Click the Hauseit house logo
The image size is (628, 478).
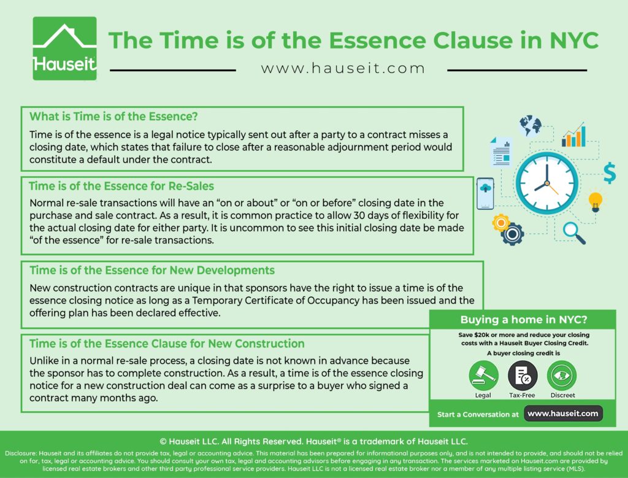pos(64,48)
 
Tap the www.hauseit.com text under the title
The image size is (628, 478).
pos(342,69)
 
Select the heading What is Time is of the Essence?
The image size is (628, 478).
pos(113,117)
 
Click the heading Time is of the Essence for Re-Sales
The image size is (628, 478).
pos(121,187)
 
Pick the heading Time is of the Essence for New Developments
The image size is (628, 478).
pos(152,271)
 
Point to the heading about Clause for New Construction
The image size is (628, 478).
pos(167,344)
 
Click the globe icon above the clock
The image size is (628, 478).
pos(530,126)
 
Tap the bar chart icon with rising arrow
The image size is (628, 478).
pos(573,134)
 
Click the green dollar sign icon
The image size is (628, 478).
pos(610,172)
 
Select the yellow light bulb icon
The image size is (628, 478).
pos(595,202)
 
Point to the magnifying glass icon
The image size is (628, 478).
pos(574,233)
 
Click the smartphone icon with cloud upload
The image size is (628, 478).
pos(485,193)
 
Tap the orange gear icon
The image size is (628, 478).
pos(500,222)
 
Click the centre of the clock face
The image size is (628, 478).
pos(546,183)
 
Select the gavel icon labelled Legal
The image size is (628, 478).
pos(483,376)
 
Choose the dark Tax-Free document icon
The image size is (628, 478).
pos(523,376)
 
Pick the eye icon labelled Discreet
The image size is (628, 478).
pos(562,376)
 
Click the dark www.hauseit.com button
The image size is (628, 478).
pos(563,414)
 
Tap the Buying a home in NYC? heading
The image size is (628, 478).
pos(524,320)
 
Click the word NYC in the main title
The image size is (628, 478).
pos(574,40)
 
